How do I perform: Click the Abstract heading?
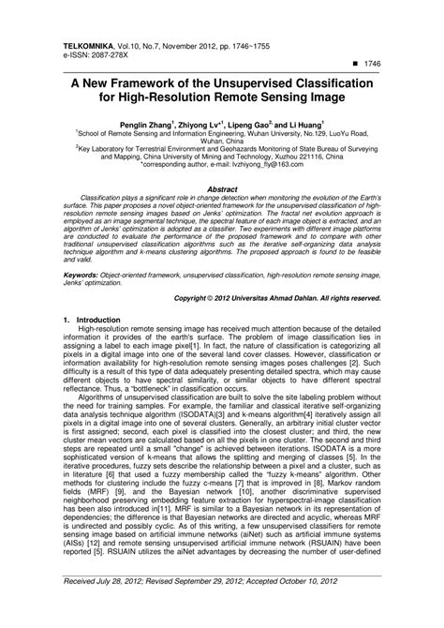tap(221, 188)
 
